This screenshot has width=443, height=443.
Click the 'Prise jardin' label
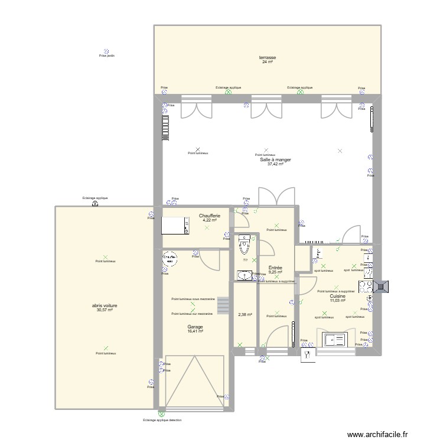(107, 56)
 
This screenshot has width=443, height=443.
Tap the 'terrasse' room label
(268, 58)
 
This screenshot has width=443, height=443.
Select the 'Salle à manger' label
(275, 159)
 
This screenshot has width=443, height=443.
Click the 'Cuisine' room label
(338, 297)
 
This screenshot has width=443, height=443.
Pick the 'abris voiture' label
(105, 305)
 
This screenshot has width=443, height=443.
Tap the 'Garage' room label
(196, 327)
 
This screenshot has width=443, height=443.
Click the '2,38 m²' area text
(245, 314)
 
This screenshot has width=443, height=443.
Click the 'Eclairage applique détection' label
(162, 420)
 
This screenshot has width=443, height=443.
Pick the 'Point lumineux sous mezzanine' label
(193, 299)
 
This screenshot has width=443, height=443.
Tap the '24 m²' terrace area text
(268, 62)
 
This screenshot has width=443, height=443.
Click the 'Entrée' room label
(275, 268)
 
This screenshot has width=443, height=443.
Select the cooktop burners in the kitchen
(366, 287)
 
